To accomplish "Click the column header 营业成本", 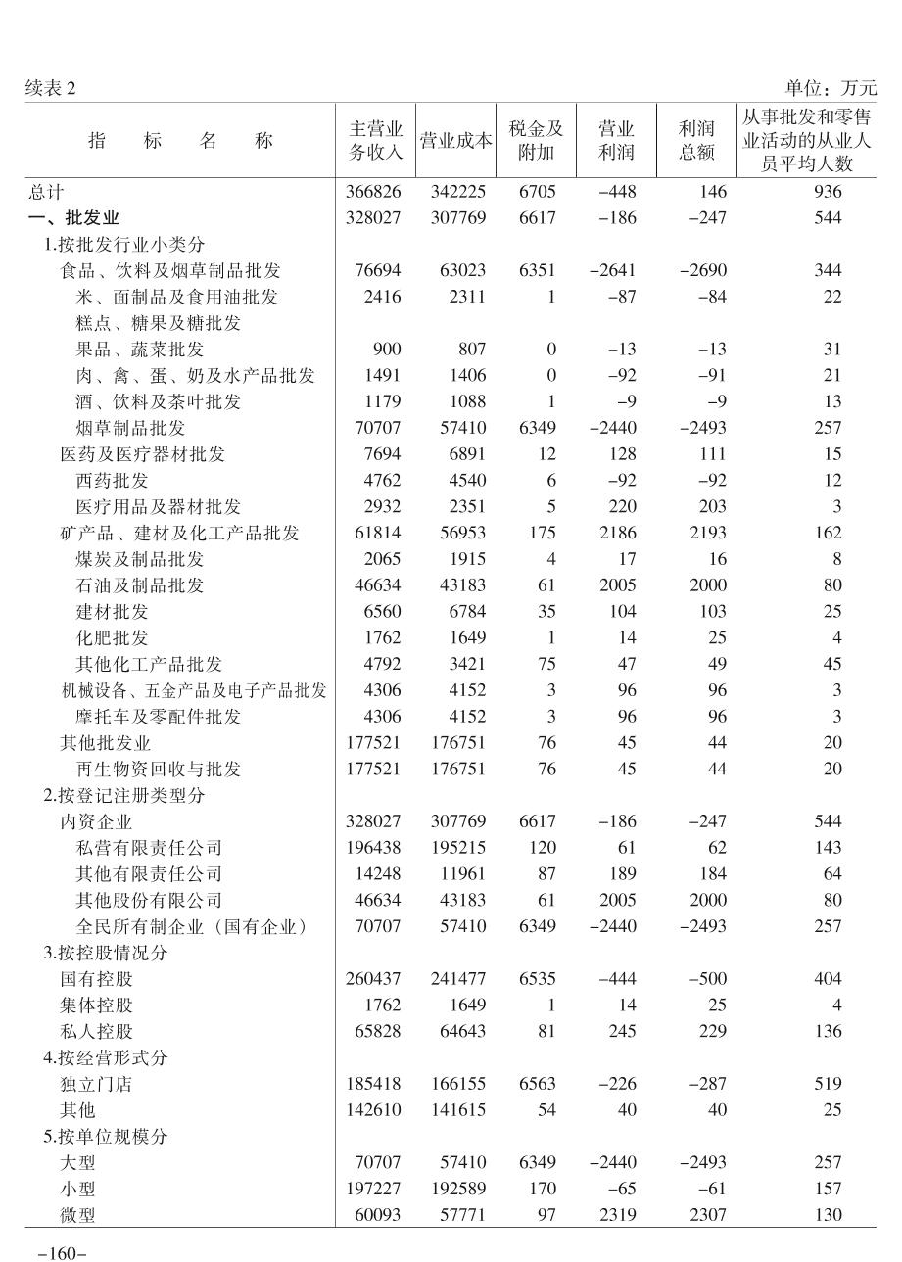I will point(455,141).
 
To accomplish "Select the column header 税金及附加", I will point(537,141).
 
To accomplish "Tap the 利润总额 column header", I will point(697,141).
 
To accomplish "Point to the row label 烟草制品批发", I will point(130,428).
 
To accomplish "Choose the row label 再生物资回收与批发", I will point(158,769).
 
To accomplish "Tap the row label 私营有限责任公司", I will point(149,848).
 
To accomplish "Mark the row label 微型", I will point(78,1215).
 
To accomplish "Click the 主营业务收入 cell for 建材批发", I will point(379,612).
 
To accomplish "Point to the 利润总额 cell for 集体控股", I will point(717,1005).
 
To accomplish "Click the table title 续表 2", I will point(50,89).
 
